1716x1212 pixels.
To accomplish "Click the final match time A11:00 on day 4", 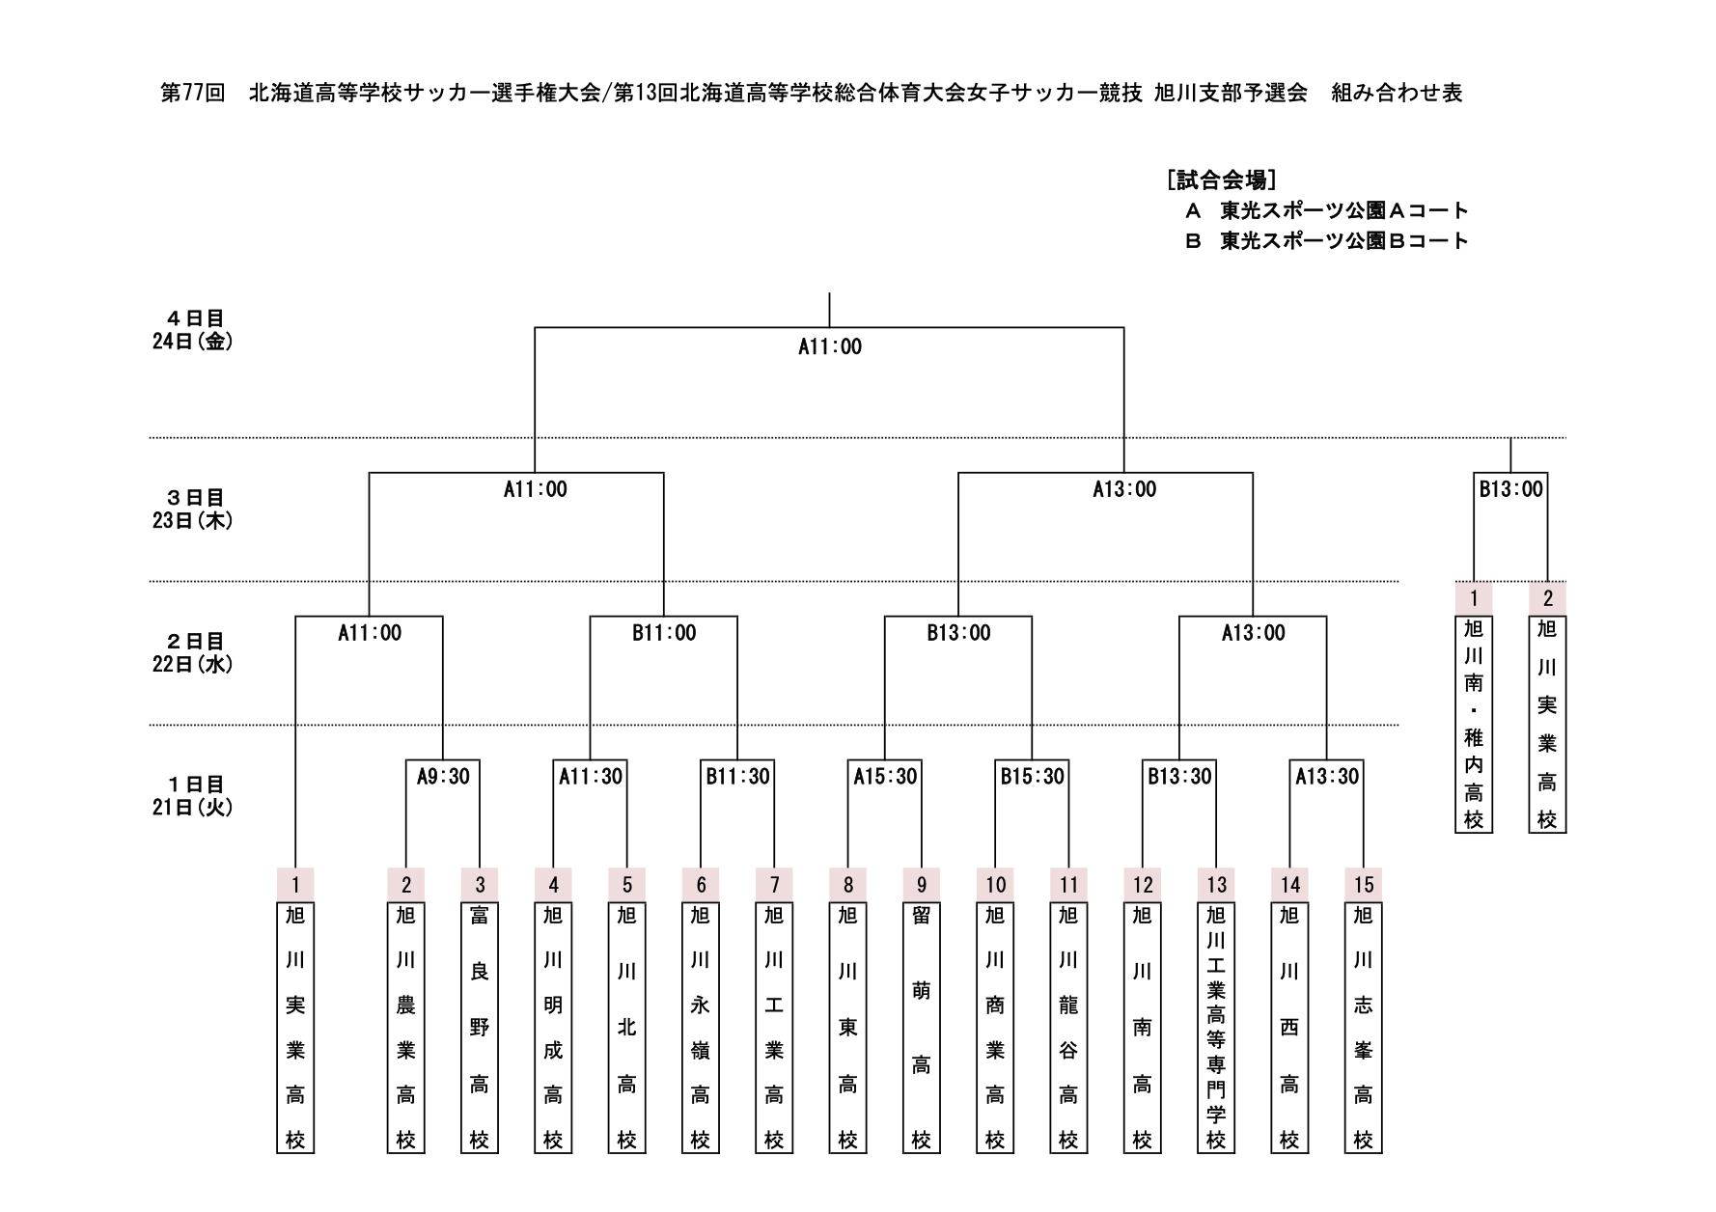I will click(x=829, y=347).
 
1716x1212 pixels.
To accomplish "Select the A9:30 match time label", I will click(x=443, y=777).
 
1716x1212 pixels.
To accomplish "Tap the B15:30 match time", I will click(x=1032, y=777).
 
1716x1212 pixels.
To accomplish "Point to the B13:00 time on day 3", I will click(x=1510, y=489).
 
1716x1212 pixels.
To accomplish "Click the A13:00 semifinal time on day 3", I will click(x=1123, y=489).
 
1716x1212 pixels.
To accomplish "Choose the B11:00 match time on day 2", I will click(x=664, y=633).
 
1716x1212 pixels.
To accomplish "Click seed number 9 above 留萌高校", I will click(x=922, y=884).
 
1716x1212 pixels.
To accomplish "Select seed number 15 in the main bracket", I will click(x=1363, y=884).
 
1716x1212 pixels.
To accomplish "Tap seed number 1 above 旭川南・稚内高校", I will click(x=1474, y=598).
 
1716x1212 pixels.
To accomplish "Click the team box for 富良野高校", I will click(x=480, y=1027).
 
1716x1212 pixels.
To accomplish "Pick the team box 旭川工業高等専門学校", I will click(x=1216, y=1027).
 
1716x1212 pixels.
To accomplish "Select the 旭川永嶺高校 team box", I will click(x=701, y=1027).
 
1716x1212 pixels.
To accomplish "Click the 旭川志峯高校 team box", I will click(x=1363, y=1027).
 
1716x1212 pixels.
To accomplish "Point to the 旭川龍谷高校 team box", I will click(x=1068, y=1027).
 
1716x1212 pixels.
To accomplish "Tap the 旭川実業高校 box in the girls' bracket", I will click(x=1547, y=724).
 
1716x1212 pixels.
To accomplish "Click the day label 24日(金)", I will click(x=192, y=342).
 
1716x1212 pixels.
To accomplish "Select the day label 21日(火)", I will click(x=192, y=808).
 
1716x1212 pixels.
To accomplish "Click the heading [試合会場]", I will click(x=1221, y=179).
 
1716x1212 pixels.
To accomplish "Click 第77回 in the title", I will click(x=192, y=93).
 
